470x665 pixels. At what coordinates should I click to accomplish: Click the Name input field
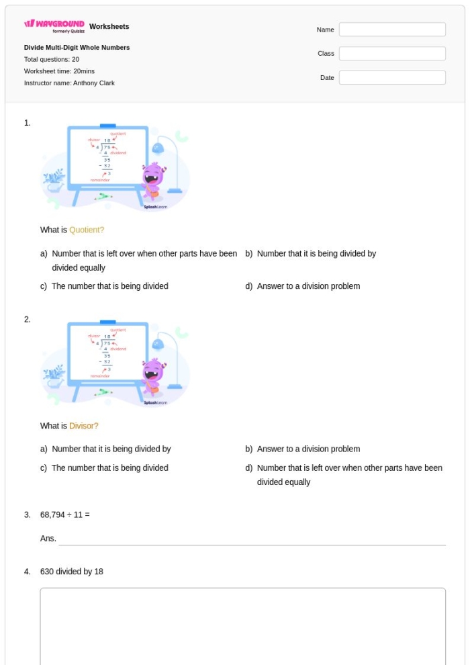click(392, 30)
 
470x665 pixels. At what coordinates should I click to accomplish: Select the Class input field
click(392, 54)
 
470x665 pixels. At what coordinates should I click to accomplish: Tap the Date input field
click(392, 78)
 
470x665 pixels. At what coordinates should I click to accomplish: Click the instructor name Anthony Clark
click(69, 83)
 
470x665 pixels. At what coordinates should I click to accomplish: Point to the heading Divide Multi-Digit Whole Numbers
click(77, 48)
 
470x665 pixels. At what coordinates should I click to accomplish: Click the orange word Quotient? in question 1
click(87, 230)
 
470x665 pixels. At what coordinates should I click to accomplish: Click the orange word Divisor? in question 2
click(84, 426)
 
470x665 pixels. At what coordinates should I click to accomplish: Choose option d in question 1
click(308, 286)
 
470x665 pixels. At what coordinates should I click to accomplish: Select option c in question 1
click(109, 286)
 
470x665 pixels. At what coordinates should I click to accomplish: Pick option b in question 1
click(316, 254)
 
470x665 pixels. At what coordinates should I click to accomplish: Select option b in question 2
click(308, 449)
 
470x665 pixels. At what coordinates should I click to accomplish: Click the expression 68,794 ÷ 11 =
click(64, 515)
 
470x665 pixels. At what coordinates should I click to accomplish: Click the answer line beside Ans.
click(252, 540)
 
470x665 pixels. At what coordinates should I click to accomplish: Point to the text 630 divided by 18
click(71, 572)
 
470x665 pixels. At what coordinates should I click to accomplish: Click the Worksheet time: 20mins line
click(60, 71)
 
